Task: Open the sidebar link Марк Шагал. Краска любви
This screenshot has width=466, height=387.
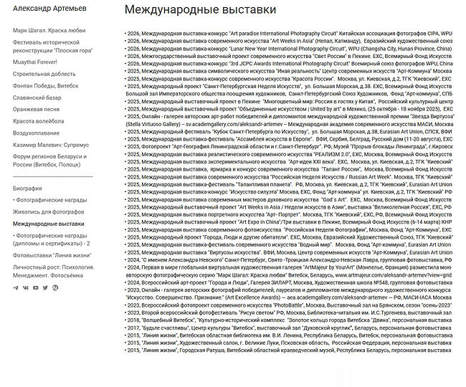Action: (49, 31)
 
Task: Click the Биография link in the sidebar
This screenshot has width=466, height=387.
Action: (27, 188)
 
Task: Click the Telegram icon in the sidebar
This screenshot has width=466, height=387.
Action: (16, 288)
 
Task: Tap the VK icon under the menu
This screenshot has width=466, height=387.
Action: (26, 288)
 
